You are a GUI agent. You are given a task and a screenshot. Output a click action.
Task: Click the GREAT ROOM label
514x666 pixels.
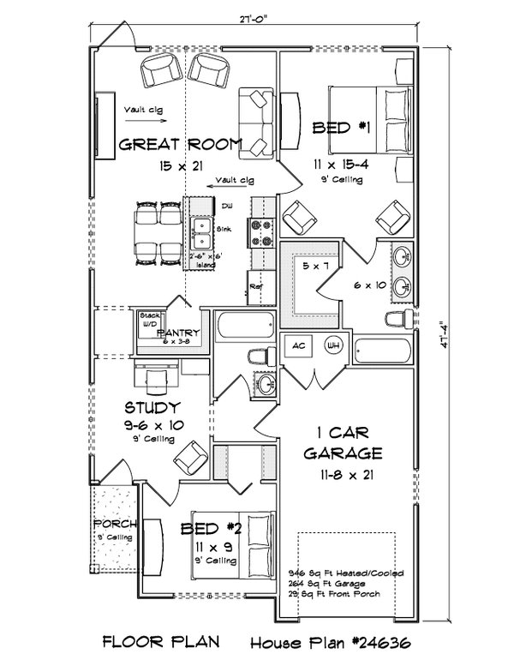point(181,143)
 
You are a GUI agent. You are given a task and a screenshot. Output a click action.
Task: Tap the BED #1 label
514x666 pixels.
point(340,128)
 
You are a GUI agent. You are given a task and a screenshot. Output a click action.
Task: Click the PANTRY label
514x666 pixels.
point(178,333)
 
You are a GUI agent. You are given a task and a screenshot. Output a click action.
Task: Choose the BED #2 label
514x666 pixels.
point(211,529)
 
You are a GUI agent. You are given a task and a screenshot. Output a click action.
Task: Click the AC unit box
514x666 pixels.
point(299,346)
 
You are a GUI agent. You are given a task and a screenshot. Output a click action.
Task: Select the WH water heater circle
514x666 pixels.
point(334,346)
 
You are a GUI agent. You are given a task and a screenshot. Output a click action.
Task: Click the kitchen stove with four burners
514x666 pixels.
point(260,229)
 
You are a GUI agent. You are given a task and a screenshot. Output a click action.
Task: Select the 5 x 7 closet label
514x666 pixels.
point(316,267)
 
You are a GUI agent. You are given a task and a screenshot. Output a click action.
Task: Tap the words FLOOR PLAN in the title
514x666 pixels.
point(162,640)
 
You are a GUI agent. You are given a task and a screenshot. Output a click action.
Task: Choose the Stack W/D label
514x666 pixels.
point(149,320)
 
